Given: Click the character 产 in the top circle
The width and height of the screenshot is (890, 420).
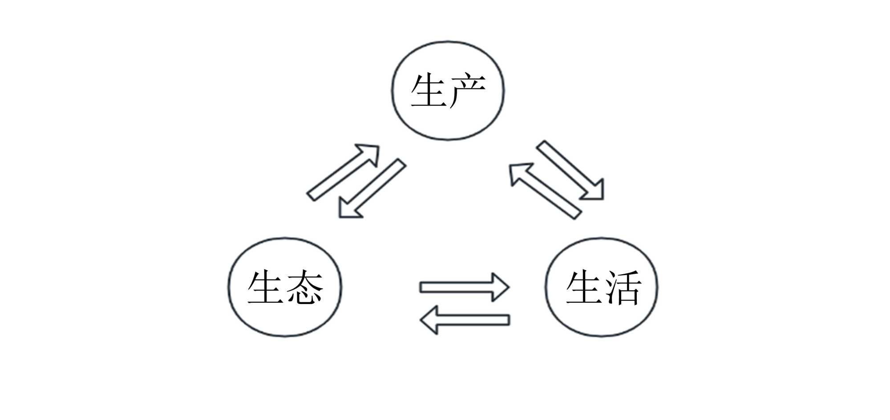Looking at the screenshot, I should (468, 91).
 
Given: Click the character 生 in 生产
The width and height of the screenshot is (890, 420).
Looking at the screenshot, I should (428, 91).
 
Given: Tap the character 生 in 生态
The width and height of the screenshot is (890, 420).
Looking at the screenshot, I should (265, 288).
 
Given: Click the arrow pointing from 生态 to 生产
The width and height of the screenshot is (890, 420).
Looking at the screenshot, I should (340, 173).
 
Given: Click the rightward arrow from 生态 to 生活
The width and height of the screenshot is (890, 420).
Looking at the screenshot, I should (463, 287).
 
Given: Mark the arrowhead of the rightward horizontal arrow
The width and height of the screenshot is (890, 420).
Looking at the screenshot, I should (499, 287).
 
